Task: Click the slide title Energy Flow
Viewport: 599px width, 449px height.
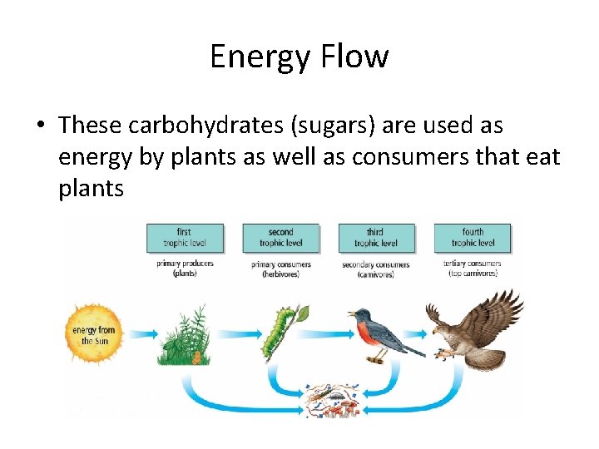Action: (x=299, y=57)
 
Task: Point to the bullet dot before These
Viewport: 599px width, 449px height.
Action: (x=40, y=126)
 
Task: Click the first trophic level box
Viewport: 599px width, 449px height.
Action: (x=185, y=237)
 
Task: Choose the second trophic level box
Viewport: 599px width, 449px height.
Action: (x=281, y=237)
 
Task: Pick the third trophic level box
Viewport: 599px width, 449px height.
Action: (x=377, y=237)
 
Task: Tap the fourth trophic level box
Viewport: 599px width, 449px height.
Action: (x=473, y=237)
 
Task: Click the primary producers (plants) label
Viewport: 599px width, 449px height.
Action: (x=185, y=269)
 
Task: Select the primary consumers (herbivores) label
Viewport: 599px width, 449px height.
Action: (x=281, y=269)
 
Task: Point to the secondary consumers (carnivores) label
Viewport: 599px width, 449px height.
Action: (x=377, y=269)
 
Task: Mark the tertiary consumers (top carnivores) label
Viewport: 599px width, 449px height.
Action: (x=473, y=269)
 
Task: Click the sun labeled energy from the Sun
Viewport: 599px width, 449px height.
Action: (x=93, y=335)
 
